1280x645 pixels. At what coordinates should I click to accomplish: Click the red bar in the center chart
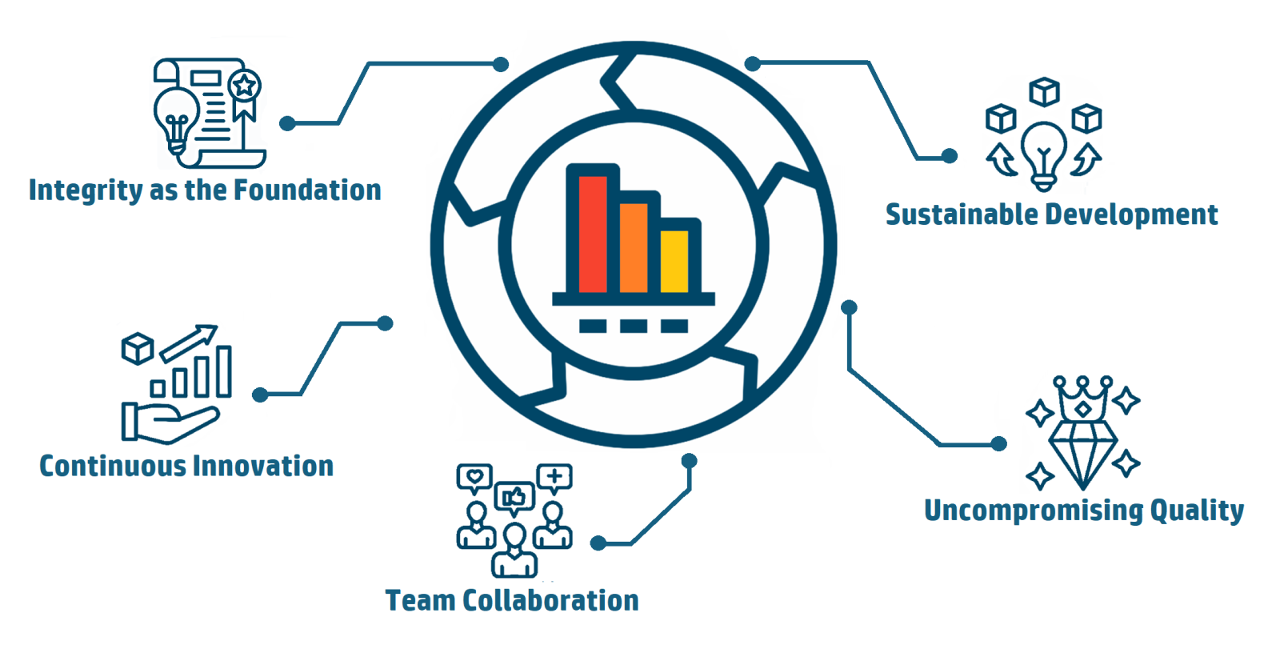click(593, 234)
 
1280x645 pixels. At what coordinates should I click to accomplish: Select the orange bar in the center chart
click(634, 247)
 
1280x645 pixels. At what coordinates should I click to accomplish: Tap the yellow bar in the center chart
click(674, 261)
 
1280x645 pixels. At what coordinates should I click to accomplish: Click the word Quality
click(1197, 511)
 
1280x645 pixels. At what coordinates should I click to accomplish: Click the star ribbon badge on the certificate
click(245, 86)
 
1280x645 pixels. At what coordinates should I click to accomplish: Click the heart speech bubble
click(474, 478)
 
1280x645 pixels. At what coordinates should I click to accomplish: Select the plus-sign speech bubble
click(554, 478)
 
